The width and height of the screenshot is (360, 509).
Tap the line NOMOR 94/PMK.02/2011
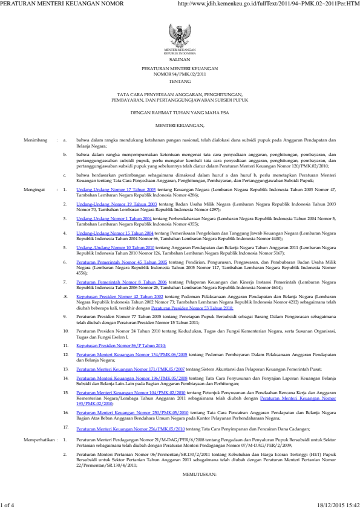[180, 74]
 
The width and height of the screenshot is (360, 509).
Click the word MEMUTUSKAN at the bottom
[180, 475]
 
